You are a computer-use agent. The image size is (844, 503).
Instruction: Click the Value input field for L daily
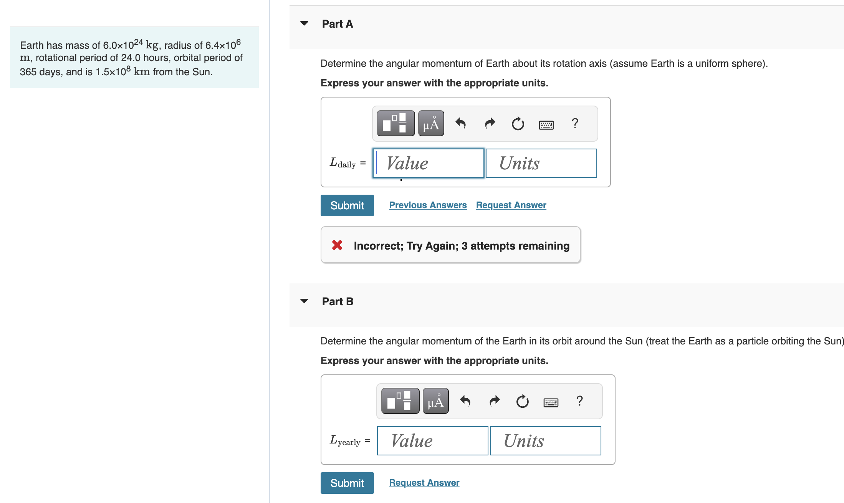pyautogui.click(x=428, y=163)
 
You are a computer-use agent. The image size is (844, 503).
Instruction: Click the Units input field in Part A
pyautogui.click(x=541, y=163)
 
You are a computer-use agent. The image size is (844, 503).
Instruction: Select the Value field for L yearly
pyautogui.click(x=432, y=441)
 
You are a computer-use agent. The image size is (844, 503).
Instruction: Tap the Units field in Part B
pyautogui.click(x=545, y=441)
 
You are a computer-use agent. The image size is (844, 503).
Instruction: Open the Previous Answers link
pyautogui.click(x=428, y=205)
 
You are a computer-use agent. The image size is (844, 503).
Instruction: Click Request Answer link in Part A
pyautogui.click(x=511, y=205)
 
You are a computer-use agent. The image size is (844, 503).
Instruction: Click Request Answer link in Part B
pyautogui.click(x=424, y=483)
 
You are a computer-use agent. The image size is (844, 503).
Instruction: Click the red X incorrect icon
pyautogui.click(x=337, y=245)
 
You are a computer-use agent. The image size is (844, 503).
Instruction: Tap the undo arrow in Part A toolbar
pyautogui.click(x=460, y=124)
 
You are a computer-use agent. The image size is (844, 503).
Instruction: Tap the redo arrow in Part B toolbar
pyautogui.click(x=495, y=401)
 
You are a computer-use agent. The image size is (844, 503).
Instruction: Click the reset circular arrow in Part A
pyautogui.click(x=518, y=124)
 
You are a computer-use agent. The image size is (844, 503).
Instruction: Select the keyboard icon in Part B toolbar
pyautogui.click(x=551, y=402)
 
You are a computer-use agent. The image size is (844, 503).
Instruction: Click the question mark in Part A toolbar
pyautogui.click(x=575, y=123)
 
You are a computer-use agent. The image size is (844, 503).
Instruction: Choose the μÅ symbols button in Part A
pyautogui.click(x=431, y=124)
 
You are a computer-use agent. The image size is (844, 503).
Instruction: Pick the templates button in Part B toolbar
pyautogui.click(x=400, y=401)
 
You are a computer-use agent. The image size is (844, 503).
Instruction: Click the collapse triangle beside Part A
pyautogui.click(x=304, y=23)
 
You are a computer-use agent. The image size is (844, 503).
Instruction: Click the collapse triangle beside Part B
pyautogui.click(x=304, y=301)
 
